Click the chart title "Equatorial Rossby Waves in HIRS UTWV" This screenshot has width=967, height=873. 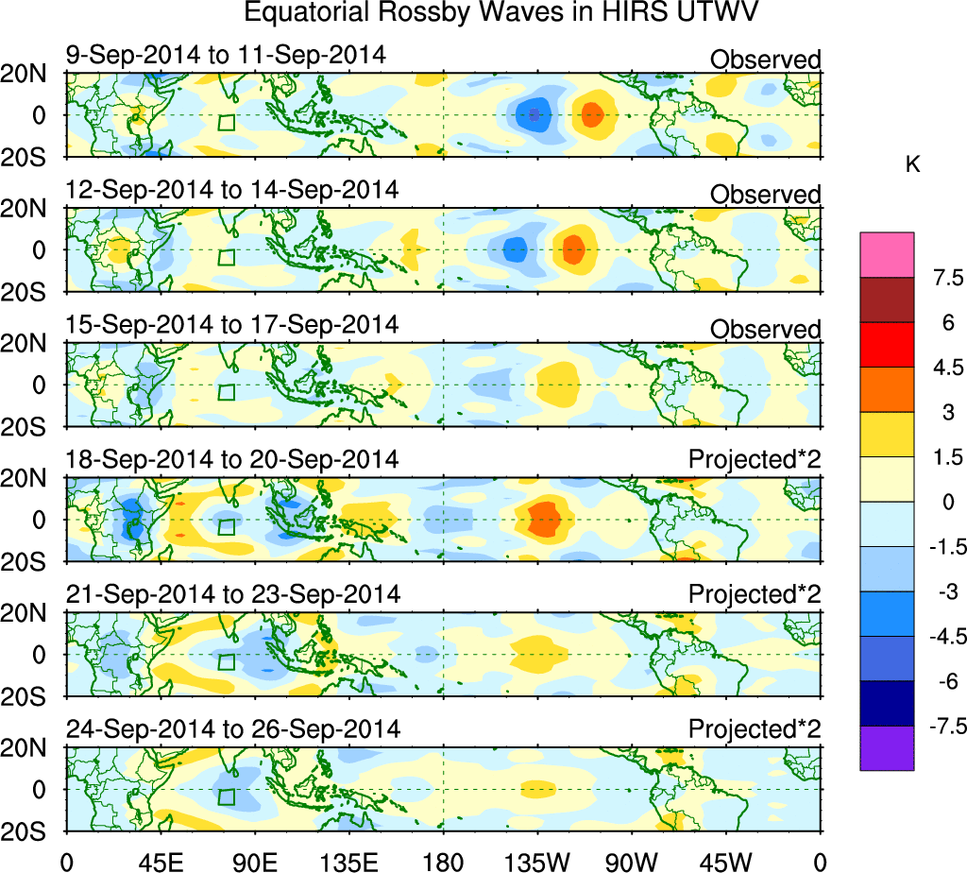tap(502, 14)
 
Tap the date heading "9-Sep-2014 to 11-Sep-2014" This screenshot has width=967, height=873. tap(227, 55)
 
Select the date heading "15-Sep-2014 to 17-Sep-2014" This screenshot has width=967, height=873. tap(232, 324)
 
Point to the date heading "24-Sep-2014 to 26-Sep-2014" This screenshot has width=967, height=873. tap(232, 729)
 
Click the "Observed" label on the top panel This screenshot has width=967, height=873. tap(765, 60)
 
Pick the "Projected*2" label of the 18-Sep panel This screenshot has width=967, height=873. tap(755, 460)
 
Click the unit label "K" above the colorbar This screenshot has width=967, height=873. tap(912, 164)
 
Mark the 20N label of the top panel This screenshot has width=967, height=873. tap(30, 75)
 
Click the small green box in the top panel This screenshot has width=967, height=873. tap(226, 122)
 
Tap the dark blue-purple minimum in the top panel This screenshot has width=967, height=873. tap(534, 115)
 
